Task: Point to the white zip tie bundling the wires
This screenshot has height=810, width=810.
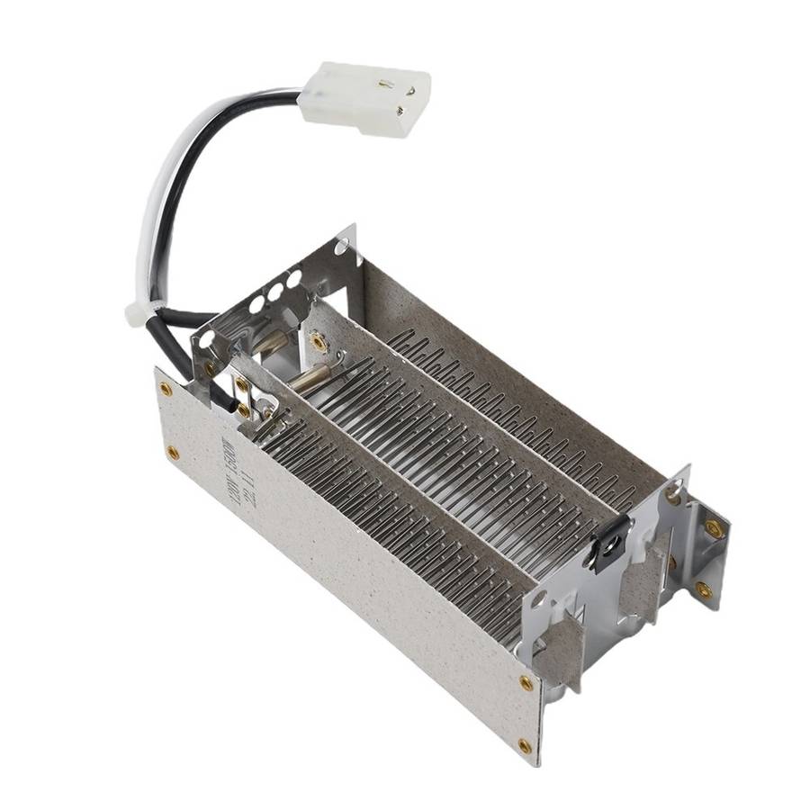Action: pos(139,312)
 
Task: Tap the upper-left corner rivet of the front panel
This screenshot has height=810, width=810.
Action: pos(166,389)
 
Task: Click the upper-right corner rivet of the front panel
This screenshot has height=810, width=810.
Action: pos(526,684)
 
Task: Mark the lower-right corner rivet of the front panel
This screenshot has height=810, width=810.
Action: pos(525,745)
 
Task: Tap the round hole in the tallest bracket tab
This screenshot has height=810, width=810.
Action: pos(343,247)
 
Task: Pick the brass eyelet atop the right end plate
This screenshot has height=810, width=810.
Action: pos(673,492)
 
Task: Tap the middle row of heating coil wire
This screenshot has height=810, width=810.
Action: pos(450,450)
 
